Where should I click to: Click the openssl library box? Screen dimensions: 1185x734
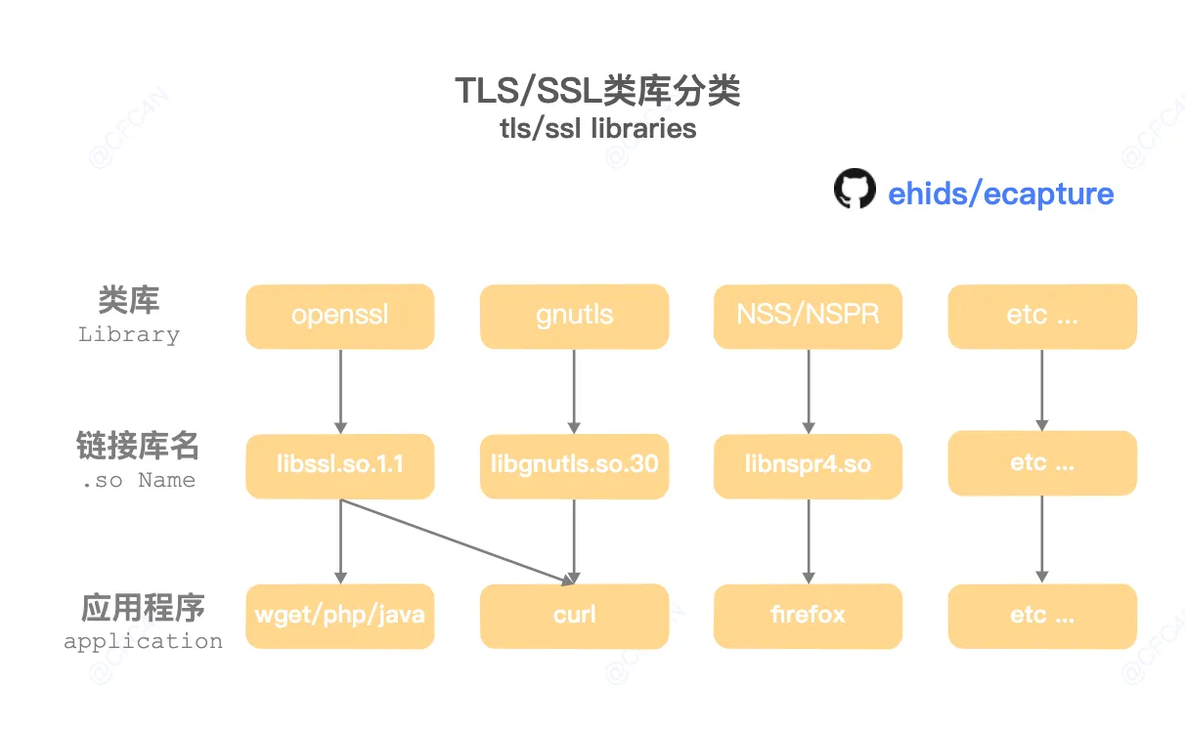click(340, 317)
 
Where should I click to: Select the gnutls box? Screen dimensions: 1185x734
click(575, 317)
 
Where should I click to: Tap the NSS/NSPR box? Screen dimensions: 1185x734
click(808, 317)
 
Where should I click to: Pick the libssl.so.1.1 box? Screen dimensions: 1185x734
click(340, 466)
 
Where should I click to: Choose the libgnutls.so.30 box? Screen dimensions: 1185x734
click(575, 466)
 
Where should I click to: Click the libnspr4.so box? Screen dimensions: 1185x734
click(808, 466)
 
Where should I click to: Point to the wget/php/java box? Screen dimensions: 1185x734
click(340, 616)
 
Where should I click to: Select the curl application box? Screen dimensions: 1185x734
click(575, 616)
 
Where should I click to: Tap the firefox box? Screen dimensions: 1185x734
click(808, 616)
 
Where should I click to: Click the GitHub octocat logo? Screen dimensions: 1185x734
click(855, 189)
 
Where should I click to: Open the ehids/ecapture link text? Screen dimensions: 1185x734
click(1001, 194)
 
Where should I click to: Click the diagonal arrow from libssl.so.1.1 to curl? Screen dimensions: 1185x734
click(457, 541)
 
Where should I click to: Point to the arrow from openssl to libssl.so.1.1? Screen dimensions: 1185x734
click(340, 391)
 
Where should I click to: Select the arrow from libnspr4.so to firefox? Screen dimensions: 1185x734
click(809, 541)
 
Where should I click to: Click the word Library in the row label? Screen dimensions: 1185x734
click(129, 334)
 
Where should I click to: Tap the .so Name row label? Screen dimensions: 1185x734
click(139, 480)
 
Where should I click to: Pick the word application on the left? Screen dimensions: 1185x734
click(143, 642)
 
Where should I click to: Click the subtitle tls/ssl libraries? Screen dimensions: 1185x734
click(597, 128)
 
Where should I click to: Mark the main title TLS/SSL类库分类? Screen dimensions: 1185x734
click(597, 91)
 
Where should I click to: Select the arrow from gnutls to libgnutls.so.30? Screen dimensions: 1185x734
click(575, 391)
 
